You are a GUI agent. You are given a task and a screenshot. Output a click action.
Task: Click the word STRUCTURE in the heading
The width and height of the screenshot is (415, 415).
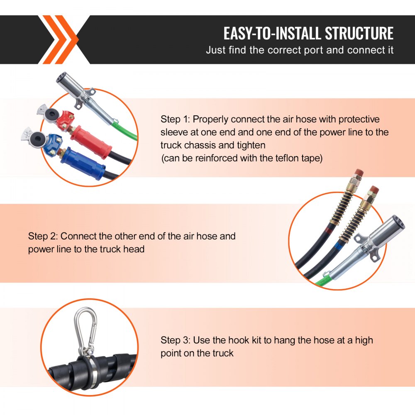click(359, 33)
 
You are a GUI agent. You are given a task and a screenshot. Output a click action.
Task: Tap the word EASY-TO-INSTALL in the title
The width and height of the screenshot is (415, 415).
click(273, 33)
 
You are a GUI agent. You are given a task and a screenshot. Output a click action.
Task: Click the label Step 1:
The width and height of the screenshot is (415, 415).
click(176, 120)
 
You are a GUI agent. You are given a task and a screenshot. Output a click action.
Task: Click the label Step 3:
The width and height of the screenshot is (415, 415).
click(176, 340)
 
